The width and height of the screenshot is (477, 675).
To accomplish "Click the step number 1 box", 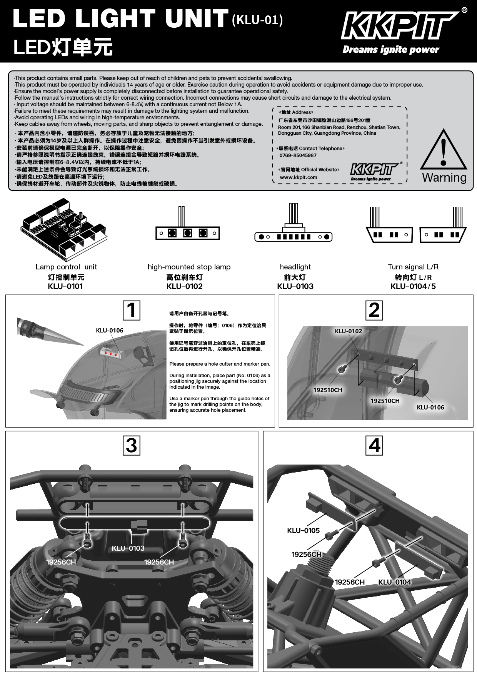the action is click(x=132, y=310).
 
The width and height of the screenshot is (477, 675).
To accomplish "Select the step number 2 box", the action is click(x=374, y=310).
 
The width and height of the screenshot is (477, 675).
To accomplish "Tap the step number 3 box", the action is click(x=132, y=445).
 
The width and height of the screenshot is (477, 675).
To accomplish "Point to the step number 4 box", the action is click(x=374, y=445).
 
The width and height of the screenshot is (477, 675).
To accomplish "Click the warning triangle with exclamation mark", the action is click(x=444, y=150).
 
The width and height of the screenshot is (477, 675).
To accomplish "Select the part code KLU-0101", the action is click(x=65, y=286).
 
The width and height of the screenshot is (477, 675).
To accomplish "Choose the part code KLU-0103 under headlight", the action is click(x=295, y=286).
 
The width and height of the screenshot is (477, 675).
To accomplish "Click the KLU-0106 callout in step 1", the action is click(x=110, y=331).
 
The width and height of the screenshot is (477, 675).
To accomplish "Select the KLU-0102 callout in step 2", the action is click(x=349, y=331).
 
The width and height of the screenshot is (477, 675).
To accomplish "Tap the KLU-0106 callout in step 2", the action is click(x=430, y=408).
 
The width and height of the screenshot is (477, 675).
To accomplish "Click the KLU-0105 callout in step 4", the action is click(x=304, y=531).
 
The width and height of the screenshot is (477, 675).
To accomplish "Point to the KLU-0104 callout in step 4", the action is click(x=395, y=582).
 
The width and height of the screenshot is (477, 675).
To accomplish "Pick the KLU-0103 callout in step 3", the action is click(x=128, y=548).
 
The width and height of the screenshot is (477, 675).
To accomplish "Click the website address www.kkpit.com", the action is click(x=299, y=177).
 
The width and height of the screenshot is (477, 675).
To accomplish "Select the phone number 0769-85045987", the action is click(x=298, y=155).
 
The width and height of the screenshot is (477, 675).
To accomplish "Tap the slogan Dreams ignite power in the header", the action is click(x=391, y=49).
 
